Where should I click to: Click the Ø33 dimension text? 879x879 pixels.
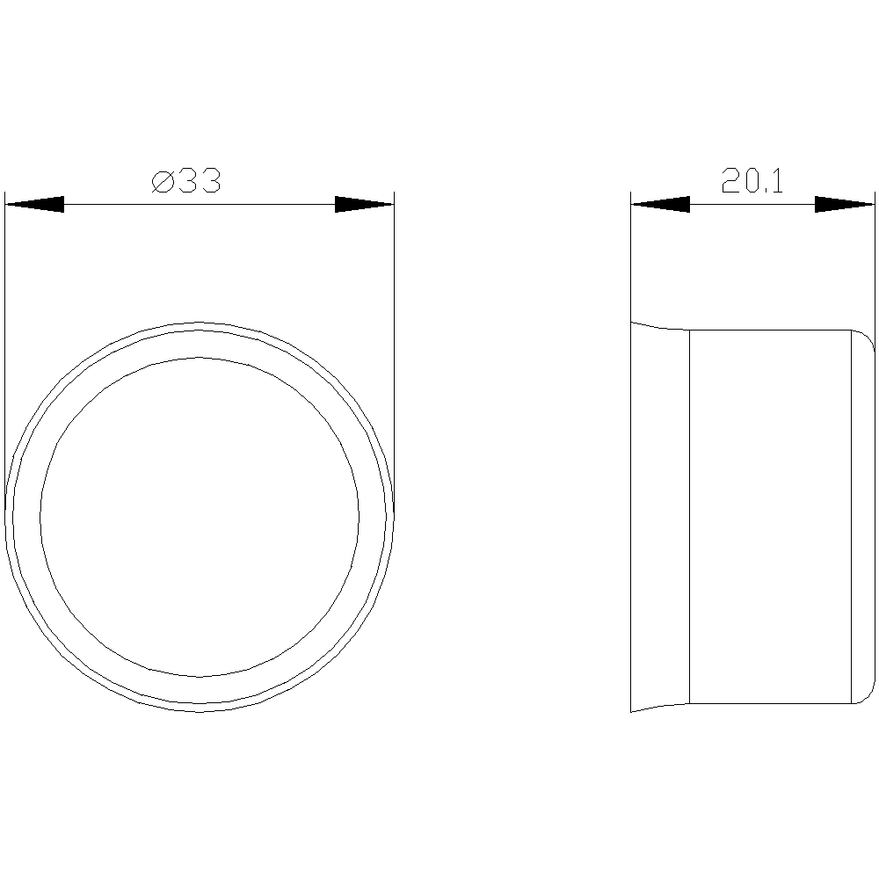(x=186, y=181)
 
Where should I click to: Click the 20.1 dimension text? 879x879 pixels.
(x=752, y=180)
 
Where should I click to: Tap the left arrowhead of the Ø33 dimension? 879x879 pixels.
(x=35, y=204)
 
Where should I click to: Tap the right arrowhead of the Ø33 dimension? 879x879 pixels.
(x=365, y=204)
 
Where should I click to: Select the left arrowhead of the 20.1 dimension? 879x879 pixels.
(x=660, y=204)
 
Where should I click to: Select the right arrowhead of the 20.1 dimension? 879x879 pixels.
(x=844, y=204)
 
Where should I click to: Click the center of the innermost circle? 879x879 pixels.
(x=200, y=517)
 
